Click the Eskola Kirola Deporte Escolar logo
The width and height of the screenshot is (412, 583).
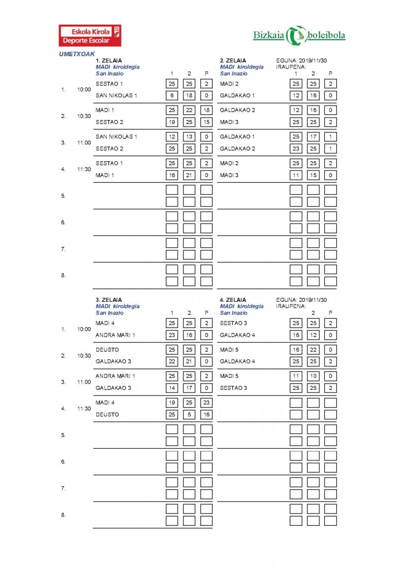pos(90,36)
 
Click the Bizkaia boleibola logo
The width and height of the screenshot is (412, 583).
pos(299,35)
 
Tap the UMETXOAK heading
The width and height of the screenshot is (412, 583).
pos(77,54)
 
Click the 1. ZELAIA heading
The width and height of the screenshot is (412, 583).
pos(109,60)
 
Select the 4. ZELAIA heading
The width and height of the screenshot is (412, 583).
pos(233,300)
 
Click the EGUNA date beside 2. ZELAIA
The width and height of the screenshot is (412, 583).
pos(301,60)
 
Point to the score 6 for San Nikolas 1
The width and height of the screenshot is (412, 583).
pos(172,96)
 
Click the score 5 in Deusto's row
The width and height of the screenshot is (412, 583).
pos(189,415)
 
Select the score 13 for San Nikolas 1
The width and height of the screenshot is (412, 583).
pos(189,136)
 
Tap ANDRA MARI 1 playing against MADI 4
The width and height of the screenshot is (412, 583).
pos(115,335)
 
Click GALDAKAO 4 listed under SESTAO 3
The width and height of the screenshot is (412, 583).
pos(237,335)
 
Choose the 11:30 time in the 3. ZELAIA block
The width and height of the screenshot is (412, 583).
pos(84,408)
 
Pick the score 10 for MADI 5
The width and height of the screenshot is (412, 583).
pos(313,376)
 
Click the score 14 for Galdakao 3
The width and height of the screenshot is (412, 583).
pos(172,388)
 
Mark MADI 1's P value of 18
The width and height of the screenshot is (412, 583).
pos(207,110)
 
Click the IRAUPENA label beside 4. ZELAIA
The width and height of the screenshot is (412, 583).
pos(291,306)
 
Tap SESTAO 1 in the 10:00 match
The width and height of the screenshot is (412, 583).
pos(109,83)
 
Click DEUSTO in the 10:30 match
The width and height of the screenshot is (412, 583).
pos(107,350)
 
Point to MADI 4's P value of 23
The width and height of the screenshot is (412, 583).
pos(207,403)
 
